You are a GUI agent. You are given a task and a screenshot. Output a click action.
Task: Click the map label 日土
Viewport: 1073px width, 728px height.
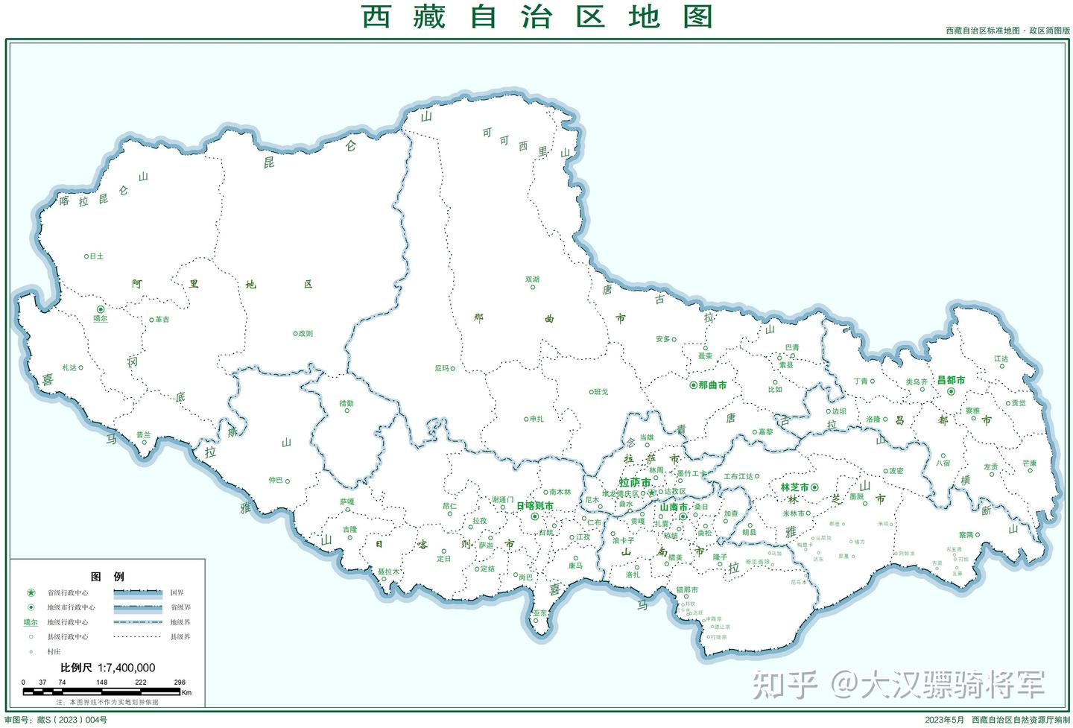coord(96,256)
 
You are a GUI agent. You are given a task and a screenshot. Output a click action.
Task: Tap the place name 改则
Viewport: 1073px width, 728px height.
coord(306,334)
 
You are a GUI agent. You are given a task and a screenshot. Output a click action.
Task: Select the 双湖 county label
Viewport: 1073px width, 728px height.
coord(532,280)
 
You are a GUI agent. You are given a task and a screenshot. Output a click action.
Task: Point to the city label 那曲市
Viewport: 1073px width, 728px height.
coord(712,385)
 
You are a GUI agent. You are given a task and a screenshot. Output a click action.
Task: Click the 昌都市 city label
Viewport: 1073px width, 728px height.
coord(951,380)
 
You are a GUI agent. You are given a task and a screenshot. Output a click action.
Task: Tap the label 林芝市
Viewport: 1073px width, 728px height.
coord(794,487)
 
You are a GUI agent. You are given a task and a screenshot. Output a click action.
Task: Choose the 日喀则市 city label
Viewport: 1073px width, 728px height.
coord(535,506)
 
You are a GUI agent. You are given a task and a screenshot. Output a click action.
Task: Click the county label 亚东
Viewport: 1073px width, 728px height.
coord(540,613)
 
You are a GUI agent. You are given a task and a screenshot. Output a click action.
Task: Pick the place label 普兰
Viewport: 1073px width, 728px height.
coord(143,434)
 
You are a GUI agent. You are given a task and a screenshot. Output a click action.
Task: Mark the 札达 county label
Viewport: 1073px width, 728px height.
coord(69,367)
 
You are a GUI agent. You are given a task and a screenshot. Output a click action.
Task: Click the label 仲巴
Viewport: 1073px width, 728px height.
coord(276,481)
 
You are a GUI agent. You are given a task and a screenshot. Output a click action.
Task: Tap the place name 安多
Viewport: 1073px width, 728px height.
coord(663,339)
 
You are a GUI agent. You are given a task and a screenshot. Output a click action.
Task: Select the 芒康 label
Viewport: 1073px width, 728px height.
coord(1029,463)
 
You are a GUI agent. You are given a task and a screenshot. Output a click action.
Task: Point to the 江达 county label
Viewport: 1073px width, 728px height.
coord(1001,359)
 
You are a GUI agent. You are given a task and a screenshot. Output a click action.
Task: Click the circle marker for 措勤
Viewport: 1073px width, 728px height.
coord(346,411)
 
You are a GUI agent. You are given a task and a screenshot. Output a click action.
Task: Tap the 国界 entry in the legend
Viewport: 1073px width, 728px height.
coord(177,593)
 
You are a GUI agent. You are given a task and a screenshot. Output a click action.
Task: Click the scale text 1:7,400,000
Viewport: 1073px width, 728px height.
coord(127,668)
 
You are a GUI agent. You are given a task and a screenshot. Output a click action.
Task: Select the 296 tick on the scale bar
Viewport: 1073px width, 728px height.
coord(180,682)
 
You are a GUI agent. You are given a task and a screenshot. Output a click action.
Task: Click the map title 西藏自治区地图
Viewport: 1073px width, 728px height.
coord(536,16)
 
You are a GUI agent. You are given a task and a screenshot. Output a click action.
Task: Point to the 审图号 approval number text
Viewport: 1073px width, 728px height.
coord(56,720)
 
